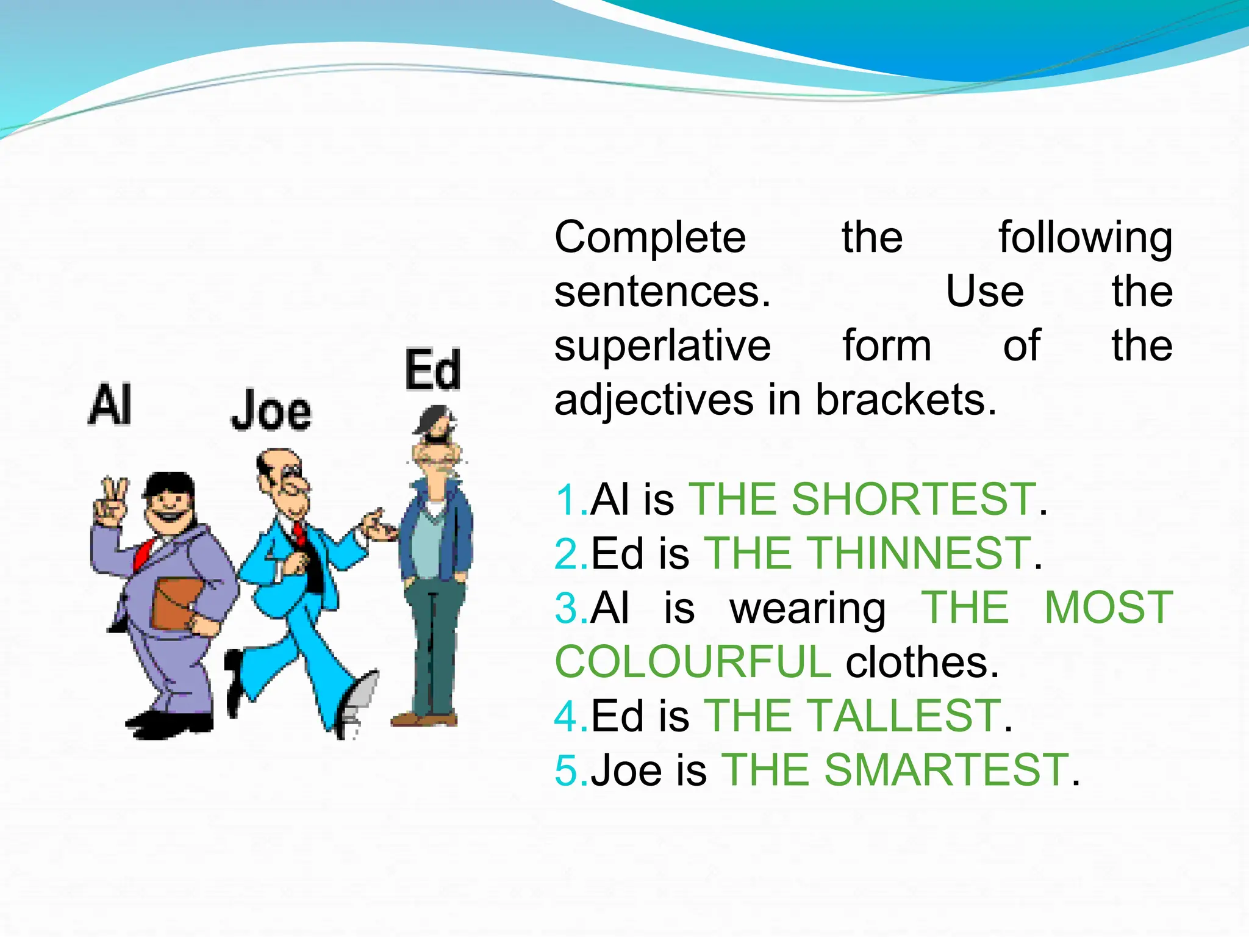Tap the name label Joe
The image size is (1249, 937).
271,410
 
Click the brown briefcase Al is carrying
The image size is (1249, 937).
176,603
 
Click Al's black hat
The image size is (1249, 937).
169,486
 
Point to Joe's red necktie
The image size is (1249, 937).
299,533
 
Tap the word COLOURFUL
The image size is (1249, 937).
692,662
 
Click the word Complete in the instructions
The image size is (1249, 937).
650,237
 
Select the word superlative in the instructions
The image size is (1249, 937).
662,346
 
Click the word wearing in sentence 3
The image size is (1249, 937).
808,609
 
